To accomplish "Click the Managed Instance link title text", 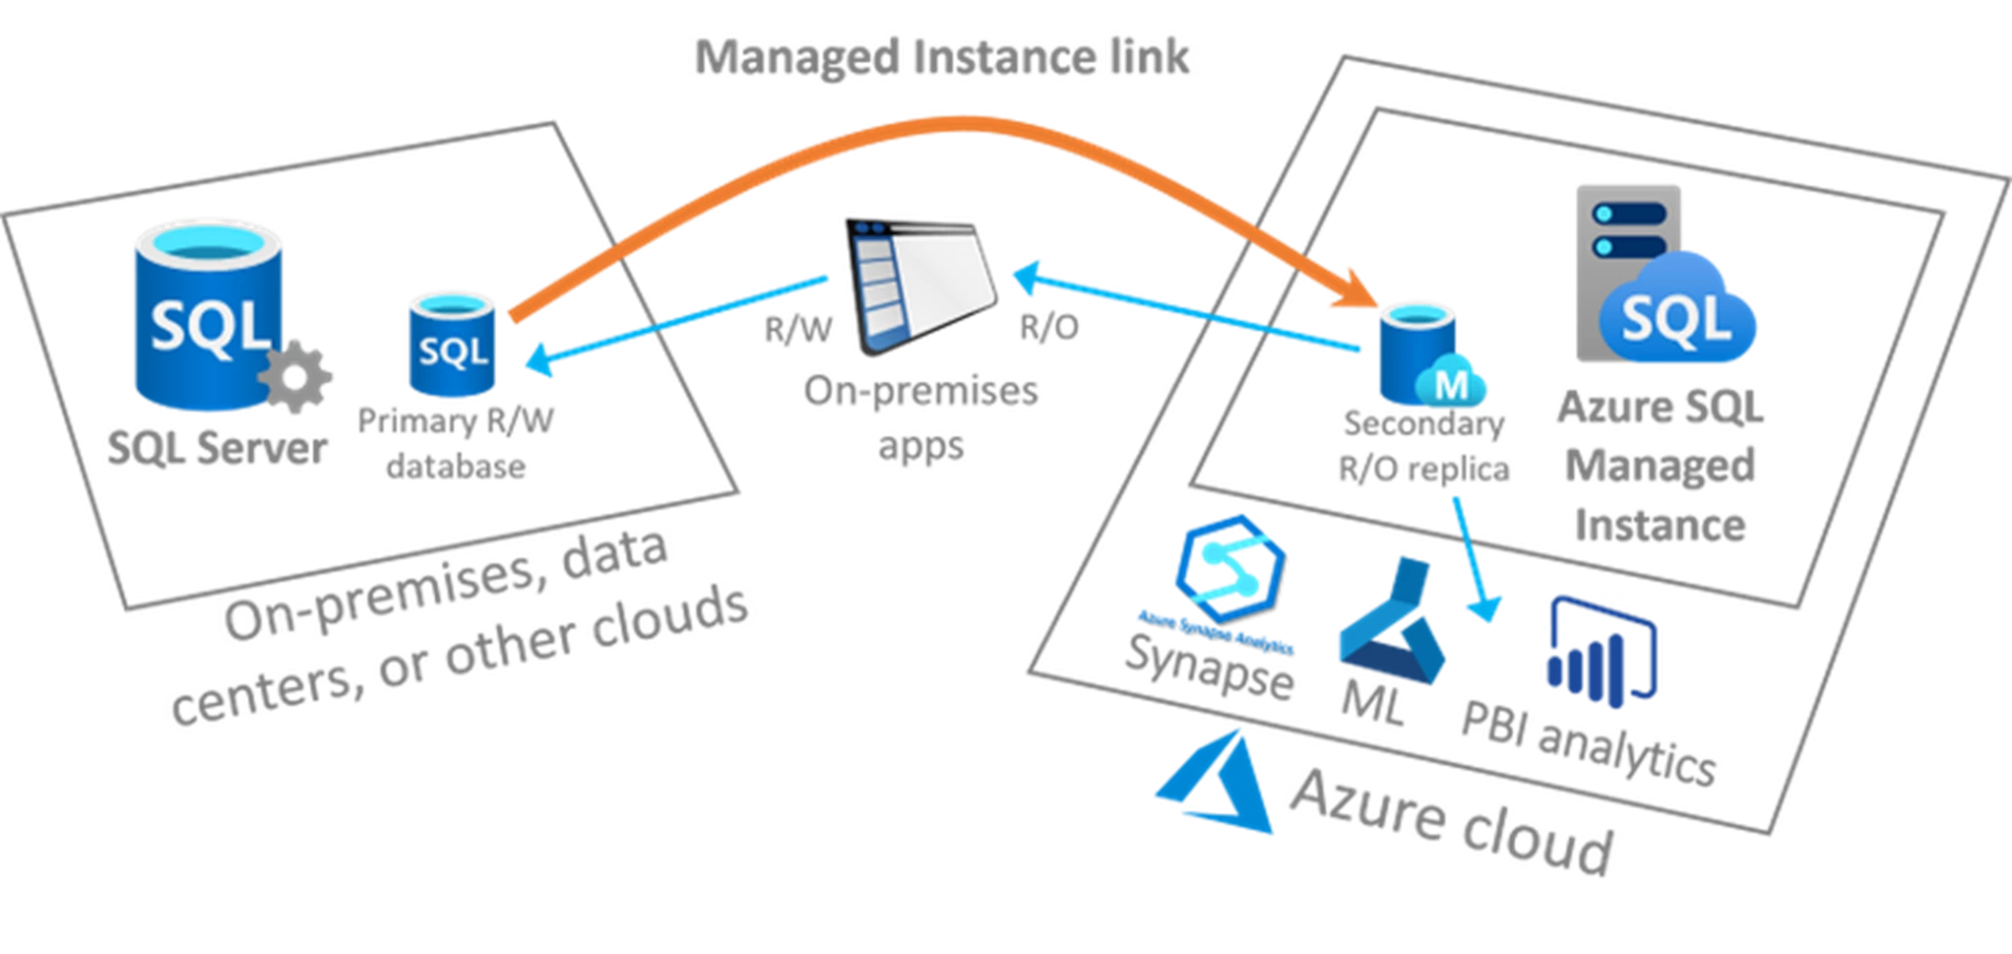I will (x=940, y=57).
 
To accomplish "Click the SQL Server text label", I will (x=218, y=449).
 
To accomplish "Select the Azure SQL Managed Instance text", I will (x=1660, y=467).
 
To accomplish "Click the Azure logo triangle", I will (x=1218, y=787).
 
